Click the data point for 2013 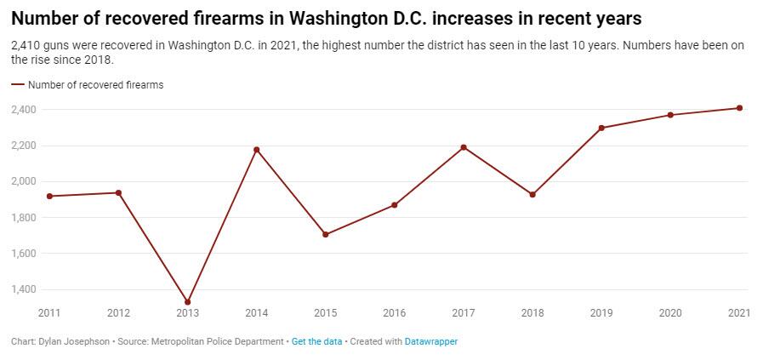tap(188, 302)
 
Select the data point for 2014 tap(257, 150)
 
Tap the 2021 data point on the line tap(739, 108)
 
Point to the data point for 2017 tap(464, 147)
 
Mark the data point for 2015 tap(326, 234)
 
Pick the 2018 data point tap(532, 195)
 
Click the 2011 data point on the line tap(49, 197)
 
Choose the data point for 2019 tap(601, 128)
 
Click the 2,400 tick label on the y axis tap(24, 110)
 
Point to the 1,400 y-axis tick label tap(24, 289)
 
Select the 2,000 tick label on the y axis tap(24, 181)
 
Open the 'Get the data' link tap(316, 342)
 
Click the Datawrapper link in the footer tap(430, 342)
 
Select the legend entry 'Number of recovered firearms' tap(95, 85)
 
